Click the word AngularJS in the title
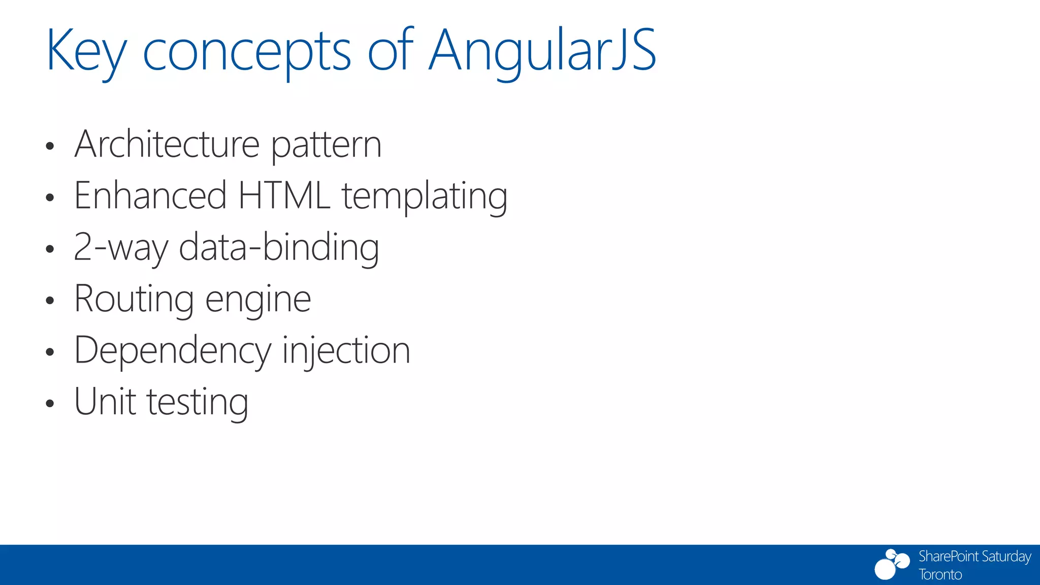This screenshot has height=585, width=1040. tap(542, 51)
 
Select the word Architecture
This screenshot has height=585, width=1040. tap(167, 144)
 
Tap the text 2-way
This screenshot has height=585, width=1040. tap(121, 248)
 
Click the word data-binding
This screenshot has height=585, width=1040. tap(279, 248)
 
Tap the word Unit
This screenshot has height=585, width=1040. tap(105, 402)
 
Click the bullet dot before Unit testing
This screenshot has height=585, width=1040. tap(49, 404)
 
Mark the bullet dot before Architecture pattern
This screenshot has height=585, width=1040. tap(49, 147)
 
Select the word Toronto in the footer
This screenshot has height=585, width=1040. tap(940, 575)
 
